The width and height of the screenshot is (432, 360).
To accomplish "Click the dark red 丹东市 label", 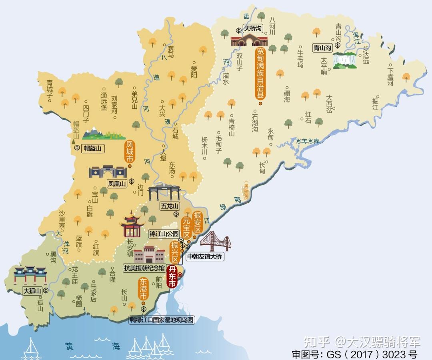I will coord(172,276).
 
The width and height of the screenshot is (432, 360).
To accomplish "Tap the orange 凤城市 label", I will coord(130,151).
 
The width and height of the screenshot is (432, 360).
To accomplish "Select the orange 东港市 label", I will coord(143,289).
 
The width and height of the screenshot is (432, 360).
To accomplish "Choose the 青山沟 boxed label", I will coord(322,48).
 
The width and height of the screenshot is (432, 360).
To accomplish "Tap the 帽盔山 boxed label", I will coord(92,148).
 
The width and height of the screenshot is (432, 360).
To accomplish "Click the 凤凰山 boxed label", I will coord(117,184).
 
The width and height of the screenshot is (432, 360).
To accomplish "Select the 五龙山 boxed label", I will coord(169,206).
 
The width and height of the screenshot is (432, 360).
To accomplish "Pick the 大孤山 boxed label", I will coord(32,291).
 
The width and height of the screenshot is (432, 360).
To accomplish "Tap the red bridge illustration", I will coord(216,241).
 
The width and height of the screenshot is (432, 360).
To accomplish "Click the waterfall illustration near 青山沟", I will coord(345,60).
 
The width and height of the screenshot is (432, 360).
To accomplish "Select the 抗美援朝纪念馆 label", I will coord(144,268).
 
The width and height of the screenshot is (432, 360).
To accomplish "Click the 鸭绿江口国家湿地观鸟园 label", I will coord(162,320).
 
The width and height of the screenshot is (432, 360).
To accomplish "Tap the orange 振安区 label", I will coord(197,222).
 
